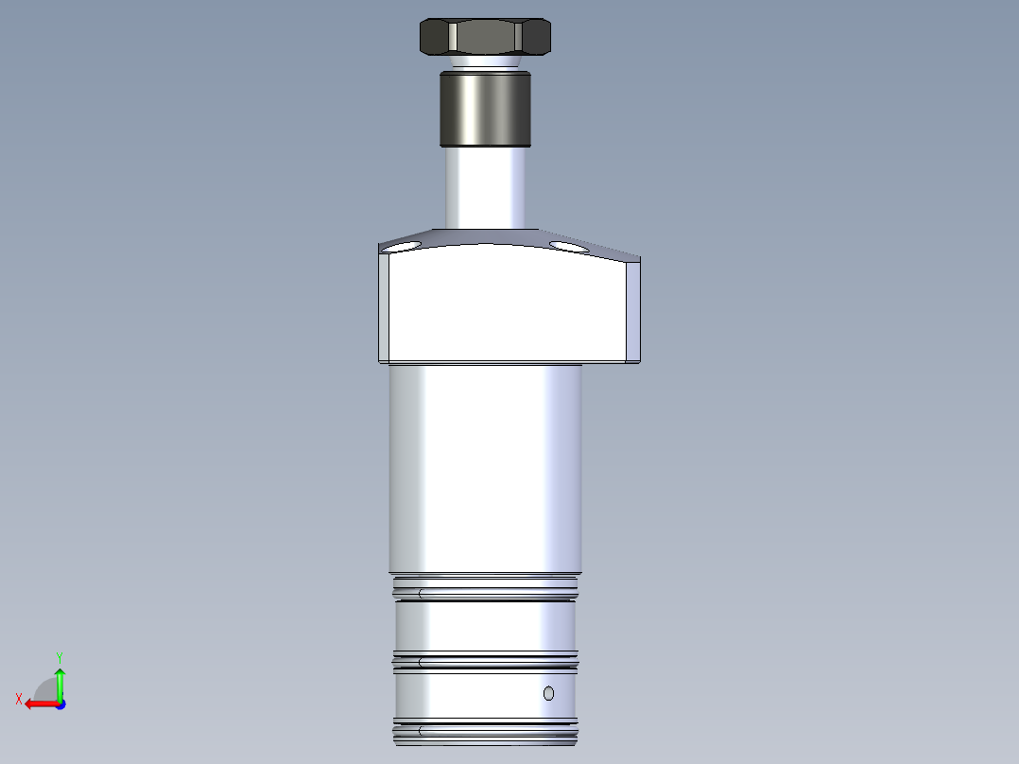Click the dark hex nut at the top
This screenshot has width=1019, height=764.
pos(485,37)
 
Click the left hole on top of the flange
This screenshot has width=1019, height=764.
pos(405,247)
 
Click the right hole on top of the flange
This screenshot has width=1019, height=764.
pos(567,247)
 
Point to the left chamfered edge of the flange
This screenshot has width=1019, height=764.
pos(384,306)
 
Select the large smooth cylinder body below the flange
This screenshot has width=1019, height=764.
pos(486,468)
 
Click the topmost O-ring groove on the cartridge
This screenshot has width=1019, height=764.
pos(486,594)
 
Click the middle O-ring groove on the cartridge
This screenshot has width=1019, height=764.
pos(486,661)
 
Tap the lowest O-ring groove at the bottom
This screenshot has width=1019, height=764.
pos(486,731)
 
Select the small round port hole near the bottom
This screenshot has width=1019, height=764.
pos(548,694)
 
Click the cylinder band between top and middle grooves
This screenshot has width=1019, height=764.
pos(486,626)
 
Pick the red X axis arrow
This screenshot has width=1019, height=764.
pos(38,703)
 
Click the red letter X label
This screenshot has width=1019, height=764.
pos(19,699)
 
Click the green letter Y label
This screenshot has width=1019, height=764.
pos(59,656)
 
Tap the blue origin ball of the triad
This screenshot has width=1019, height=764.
pos(60,703)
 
